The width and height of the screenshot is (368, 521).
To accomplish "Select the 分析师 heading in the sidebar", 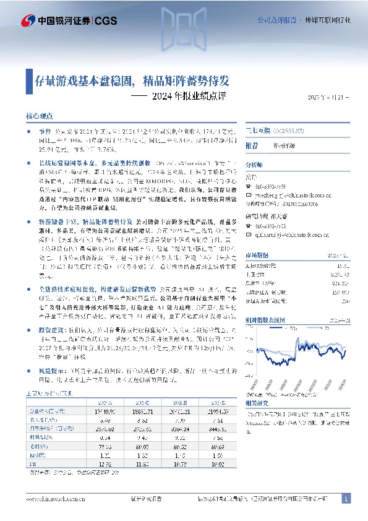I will [254, 165].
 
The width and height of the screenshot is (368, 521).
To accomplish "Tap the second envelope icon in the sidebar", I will [249, 235].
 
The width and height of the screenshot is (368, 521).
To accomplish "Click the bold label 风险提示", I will [49, 370].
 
